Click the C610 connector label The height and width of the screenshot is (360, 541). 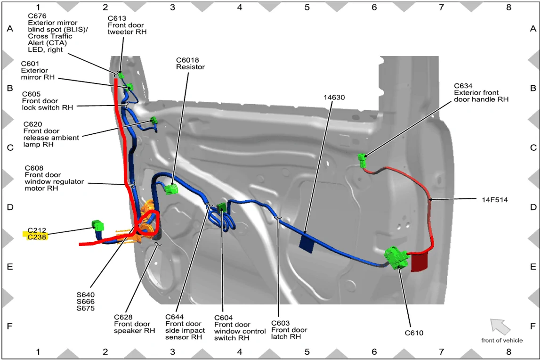point(414,333)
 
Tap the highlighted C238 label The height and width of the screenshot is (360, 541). point(37,237)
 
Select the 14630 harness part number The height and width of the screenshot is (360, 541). point(334,98)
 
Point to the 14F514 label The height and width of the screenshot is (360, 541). point(495,199)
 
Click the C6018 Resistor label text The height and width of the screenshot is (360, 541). point(190,64)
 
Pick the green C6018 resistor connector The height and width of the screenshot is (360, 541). point(171,189)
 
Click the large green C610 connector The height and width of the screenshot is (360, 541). point(396,257)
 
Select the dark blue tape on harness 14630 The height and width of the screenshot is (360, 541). point(307,242)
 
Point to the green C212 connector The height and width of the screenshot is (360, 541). point(97,225)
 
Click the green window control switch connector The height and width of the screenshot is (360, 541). point(221,207)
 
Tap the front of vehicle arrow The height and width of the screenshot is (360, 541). point(500,327)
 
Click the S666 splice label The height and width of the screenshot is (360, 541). point(86,301)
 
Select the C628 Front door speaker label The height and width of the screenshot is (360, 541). point(135,324)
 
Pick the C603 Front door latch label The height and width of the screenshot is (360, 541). point(289,330)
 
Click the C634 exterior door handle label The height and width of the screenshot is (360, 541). point(481,92)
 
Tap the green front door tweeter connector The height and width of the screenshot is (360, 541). point(121,75)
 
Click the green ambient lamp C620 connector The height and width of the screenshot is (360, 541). point(153,120)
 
